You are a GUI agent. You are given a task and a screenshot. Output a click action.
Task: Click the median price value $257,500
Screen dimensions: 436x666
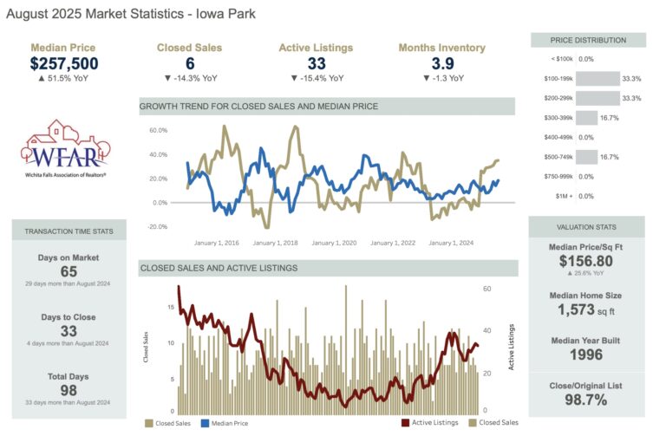[x=64, y=63]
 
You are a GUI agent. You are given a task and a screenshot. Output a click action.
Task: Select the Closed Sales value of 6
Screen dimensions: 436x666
[x=189, y=63]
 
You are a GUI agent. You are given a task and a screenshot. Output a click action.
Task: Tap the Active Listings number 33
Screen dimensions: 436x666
[x=316, y=63]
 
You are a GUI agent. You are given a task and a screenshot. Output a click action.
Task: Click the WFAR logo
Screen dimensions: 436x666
[x=63, y=150]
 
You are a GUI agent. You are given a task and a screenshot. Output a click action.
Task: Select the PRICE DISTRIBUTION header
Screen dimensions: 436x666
[x=588, y=41]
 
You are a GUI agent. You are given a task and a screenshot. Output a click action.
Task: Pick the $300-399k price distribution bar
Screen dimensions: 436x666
[x=587, y=117]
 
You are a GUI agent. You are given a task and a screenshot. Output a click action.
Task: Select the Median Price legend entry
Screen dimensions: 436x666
[x=224, y=424]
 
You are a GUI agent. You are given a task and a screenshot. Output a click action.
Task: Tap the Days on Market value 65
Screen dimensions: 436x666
[x=69, y=272]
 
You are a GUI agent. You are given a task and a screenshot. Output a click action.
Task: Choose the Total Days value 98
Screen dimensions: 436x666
[x=69, y=390]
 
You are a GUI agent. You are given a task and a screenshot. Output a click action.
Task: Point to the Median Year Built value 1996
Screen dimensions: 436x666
[x=587, y=354]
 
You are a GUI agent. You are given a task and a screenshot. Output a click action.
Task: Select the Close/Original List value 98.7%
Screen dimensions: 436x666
[x=587, y=400]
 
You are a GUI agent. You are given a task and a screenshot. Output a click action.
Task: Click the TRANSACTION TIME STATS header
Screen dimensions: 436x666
[x=69, y=231]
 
